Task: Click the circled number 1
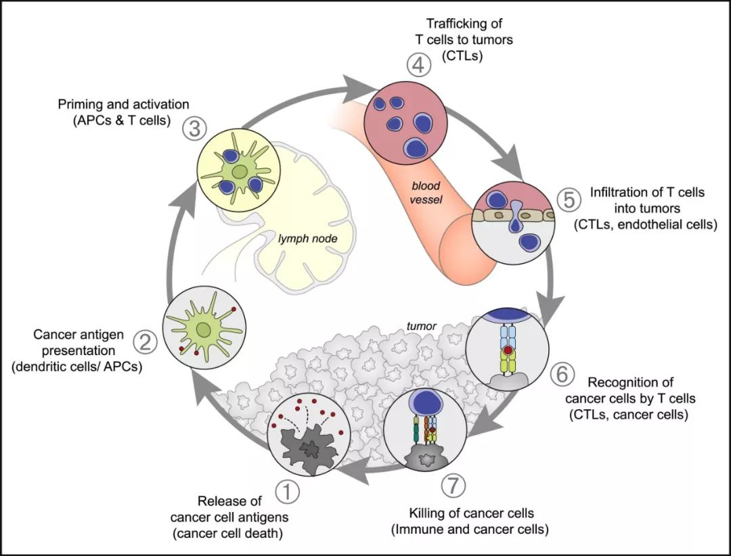[x=287, y=492]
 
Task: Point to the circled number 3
[x=194, y=129]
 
